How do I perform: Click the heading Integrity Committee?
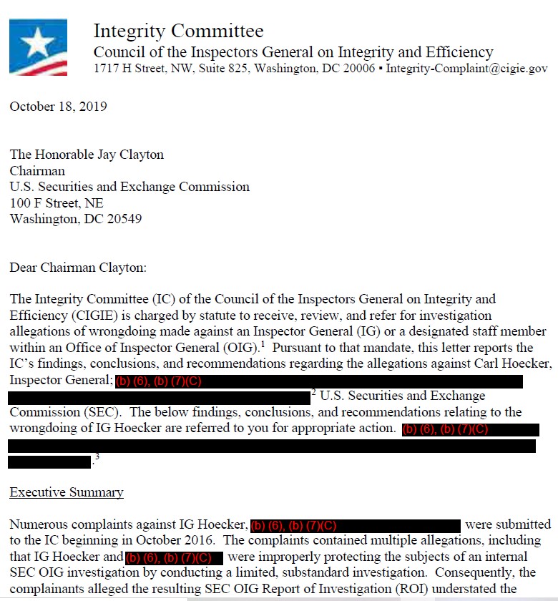pyautogui.click(x=178, y=31)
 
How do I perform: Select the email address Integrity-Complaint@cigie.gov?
pyautogui.click(x=466, y=69)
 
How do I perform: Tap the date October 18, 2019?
pyautogui.click(x=58, y=107)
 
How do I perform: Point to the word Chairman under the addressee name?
pyautogui.click(x=37, y=171)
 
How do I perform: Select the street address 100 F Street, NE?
pyautogui.click(x=57, y=203)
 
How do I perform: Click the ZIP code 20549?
pyautogui.click(x=123, y=219)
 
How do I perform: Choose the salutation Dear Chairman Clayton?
pyautogui.click(x=77, y=268)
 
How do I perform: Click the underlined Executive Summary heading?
pyautogui.click(x=66, y=492)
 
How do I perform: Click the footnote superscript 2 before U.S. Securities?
pyautogui.click(x=314, y=392)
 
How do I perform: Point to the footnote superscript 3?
pyautogui.click(x=97, y=458)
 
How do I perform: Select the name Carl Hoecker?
pyautogui.click(x=513, y=364)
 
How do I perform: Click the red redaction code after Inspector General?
pyautogui.click(x=158, y=381)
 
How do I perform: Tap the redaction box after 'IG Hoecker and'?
pyautogui.click(x=175, y=557)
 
